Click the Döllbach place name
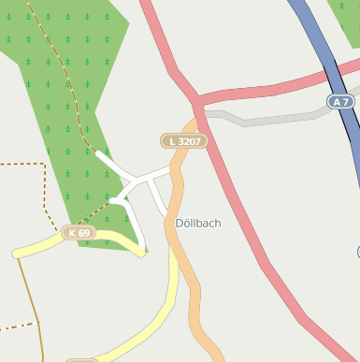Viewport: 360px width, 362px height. coord(198,224)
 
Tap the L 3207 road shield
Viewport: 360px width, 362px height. coord(182,140)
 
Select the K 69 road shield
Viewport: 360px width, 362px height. coord(79,232)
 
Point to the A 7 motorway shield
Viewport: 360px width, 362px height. coord(340,100)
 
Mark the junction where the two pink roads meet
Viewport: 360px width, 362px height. coord(197,98)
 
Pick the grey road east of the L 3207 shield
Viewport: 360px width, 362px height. coord(271,120)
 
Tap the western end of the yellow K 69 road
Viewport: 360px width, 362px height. coord(17,253)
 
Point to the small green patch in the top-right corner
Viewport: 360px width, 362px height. coord(346,19)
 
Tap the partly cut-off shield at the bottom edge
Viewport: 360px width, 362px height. coord(81,358)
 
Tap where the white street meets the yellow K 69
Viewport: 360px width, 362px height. coord(142,251)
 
